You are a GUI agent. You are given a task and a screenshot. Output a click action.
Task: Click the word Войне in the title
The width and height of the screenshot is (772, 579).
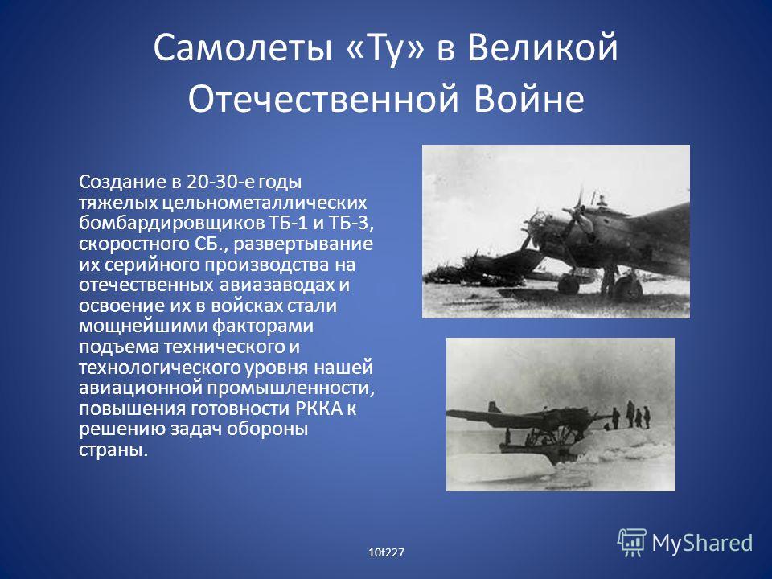pos(529,98)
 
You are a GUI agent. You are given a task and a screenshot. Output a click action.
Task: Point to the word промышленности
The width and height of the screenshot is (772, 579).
pos(290,388)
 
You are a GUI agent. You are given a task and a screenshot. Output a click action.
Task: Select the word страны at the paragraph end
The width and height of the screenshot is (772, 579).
pos(113,450)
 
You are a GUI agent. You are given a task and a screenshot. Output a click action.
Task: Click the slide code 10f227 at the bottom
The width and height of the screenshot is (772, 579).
pos(386,552)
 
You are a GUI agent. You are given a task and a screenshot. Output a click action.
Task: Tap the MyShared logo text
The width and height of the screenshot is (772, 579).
pos(702,543)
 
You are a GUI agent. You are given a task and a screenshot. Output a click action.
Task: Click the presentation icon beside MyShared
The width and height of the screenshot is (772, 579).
pos(632,542)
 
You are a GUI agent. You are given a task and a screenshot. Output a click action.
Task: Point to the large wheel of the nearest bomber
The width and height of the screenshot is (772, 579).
pos(628,287)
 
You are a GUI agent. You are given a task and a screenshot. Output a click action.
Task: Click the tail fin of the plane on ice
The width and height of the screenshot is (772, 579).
pos(493,407)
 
